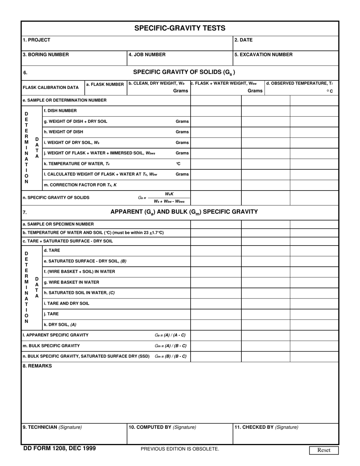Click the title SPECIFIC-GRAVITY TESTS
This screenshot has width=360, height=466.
tap(180, 28)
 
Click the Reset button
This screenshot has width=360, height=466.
tap(324, 450)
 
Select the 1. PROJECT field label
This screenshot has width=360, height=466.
tap(36, 40)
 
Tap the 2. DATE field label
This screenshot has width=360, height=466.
tap(243, 40)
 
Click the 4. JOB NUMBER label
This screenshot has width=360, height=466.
tap(147, 55)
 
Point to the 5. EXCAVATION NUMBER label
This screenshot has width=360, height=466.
tap(263, 55)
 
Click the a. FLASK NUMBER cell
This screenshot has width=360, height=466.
tap(105, 84)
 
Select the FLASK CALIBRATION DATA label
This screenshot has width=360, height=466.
tap(51, 88)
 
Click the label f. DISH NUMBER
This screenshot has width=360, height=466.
tap(60, 111)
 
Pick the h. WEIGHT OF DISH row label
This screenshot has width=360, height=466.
tap(63, 132)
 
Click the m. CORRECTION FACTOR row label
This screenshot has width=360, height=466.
tap(80, 185)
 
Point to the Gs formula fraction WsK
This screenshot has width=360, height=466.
tap(169, 194)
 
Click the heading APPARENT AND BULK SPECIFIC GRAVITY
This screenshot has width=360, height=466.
tap(184, 212)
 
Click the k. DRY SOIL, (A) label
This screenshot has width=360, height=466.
tap(60, 325)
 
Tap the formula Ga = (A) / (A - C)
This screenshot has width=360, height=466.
tap(170, 335)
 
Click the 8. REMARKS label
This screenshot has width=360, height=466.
tap(37, 366)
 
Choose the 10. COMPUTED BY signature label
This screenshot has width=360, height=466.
tap(162, 427)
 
